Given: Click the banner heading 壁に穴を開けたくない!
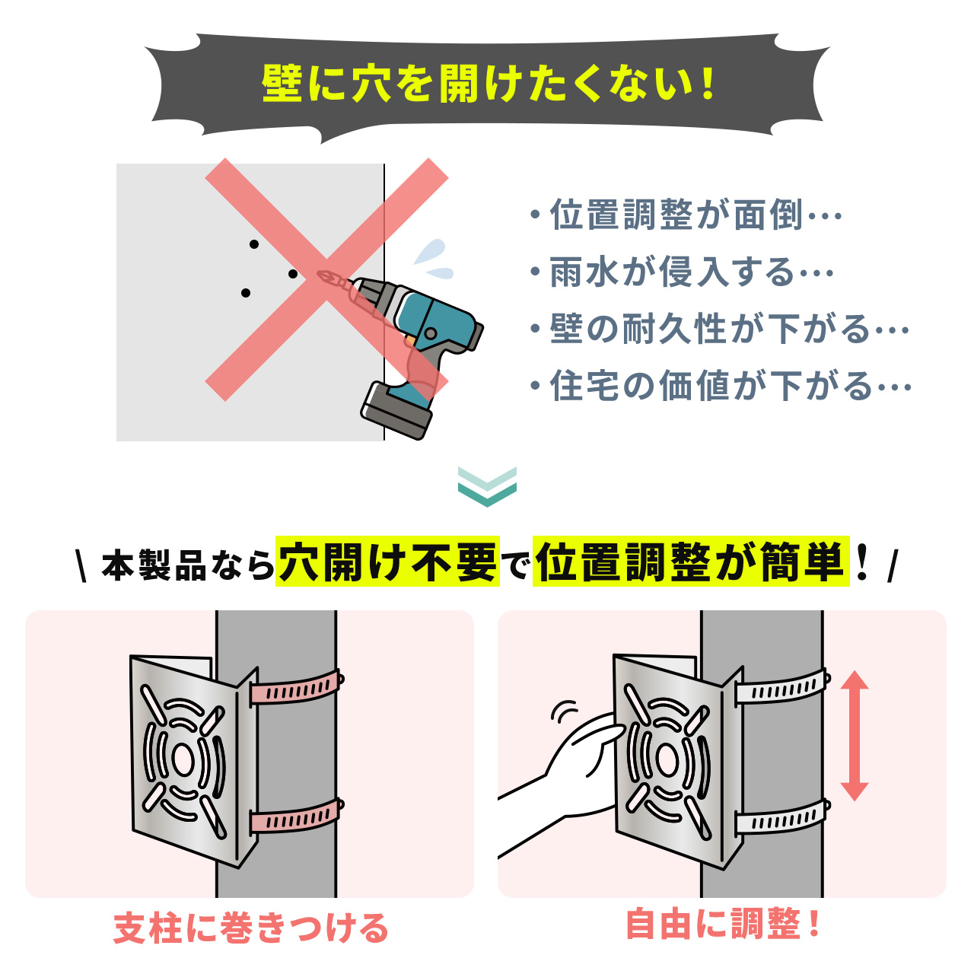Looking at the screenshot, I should tap(487, 84).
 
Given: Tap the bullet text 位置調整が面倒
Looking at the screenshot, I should tap(677, 215).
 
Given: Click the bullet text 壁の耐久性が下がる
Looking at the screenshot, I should tap(711, 329).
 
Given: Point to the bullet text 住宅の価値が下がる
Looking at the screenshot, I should tap(712, 387).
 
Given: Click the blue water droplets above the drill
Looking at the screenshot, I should tap(434, 259).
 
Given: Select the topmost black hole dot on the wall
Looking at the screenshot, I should tap(254, 244).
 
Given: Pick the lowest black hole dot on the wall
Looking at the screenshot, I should tap(245, 293).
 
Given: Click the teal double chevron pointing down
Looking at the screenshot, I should tap(487, 486).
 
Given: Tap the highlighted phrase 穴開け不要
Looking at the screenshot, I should tap(388, 563).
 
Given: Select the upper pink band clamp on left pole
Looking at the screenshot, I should tap(297, 689).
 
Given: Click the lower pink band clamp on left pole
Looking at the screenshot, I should tap(297, 816).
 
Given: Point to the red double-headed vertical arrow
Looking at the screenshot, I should tap(855, 735).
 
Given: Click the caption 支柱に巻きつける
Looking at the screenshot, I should tap(251, 929).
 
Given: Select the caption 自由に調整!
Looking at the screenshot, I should tap(723, 925).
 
